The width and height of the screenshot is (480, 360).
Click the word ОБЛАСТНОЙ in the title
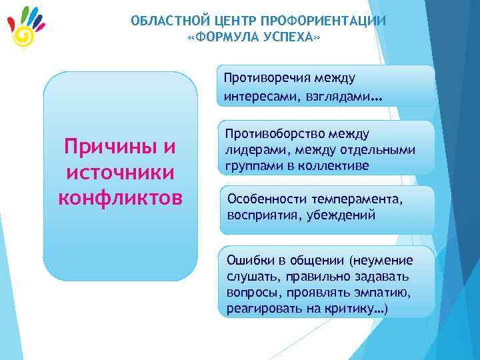[x=165, y=21]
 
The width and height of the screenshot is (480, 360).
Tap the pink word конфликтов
[x=120, y=198]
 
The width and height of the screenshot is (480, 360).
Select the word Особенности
[x=264, y=199]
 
